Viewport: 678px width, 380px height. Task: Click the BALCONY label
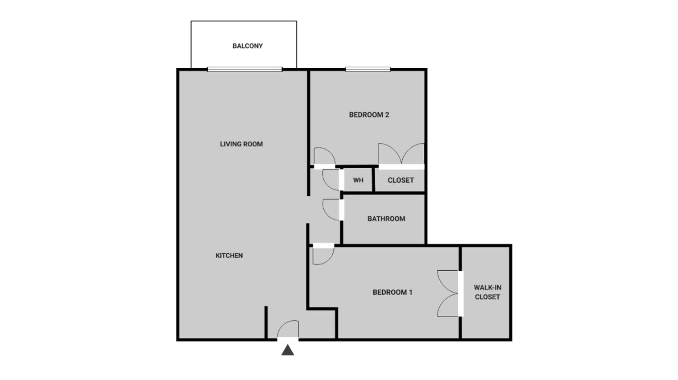click(247, 46)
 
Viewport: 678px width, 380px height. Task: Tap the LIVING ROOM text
click(241, 144)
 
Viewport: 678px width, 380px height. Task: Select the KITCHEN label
click(229, 256)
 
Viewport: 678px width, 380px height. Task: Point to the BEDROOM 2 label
click(369, 115)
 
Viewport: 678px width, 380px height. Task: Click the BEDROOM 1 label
click(392, 292)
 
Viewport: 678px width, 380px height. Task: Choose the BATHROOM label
click(386, 219)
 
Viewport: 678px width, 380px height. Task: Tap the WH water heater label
click(358, 180)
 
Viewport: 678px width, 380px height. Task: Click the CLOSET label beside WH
click(401, 180)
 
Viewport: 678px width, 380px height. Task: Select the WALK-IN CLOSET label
click(487, 292)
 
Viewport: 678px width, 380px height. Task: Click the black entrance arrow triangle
click(288, 350)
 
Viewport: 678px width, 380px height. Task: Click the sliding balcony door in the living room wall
click(244, 69)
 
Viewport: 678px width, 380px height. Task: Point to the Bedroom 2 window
click(368, 69)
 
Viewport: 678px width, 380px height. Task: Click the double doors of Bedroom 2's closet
click(401, 154)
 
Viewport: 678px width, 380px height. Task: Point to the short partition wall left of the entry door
click(266, 322)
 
